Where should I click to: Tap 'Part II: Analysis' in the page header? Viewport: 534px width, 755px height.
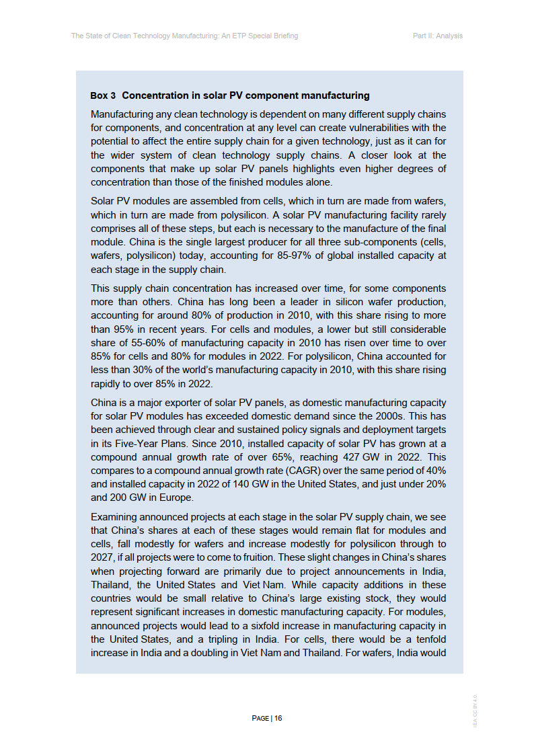click(437, 36)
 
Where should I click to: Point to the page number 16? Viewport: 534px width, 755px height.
click(278, 718)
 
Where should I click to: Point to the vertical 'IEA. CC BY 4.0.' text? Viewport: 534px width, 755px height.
click(475, 709)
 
